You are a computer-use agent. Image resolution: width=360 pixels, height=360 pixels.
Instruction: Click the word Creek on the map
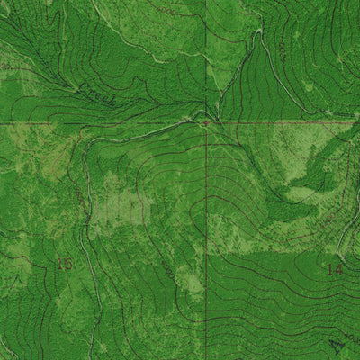click(x=94, y=93)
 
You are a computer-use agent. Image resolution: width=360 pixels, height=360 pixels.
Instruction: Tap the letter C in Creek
click(x=82, y=86)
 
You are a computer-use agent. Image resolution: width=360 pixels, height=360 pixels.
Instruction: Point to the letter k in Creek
click(x=110, y=102)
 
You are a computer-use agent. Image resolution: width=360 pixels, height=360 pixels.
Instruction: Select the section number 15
click(x=64, y=264)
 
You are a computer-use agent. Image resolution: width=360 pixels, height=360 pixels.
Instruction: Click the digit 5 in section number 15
click(x=68, y=264)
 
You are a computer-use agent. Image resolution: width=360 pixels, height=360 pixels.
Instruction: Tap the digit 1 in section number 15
click(x=59, y=264)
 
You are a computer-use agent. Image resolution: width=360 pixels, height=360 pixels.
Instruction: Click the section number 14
click(x=334, y=268)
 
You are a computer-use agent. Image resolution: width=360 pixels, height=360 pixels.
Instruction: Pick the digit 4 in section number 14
click(x=339, y=268)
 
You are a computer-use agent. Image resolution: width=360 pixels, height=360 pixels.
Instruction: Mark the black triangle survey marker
click(x=337, y=344)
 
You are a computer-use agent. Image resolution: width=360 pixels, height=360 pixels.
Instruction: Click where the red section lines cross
click(x=206, y=122)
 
